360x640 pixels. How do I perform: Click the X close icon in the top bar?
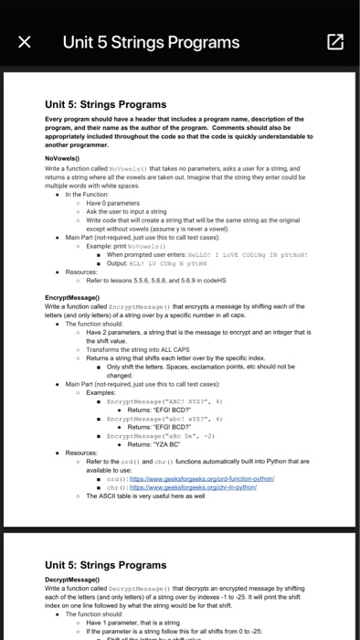25,41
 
